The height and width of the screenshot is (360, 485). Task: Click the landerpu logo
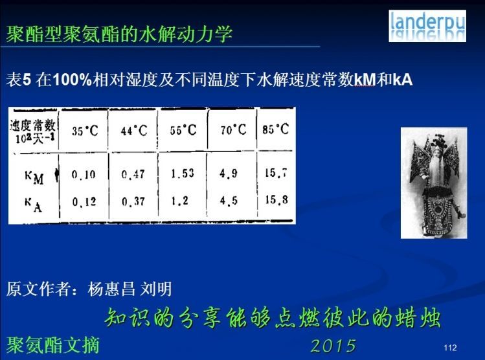pos(427,26)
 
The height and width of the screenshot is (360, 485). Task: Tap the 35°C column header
pos(85,131)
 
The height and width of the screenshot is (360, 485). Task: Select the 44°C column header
pos(134,131)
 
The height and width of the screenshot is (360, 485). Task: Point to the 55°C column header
pos(183,130)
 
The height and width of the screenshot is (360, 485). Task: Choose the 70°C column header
pos(233,129)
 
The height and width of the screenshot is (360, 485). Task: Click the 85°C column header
pos(276,129)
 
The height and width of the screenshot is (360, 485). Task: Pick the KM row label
pos(34,177)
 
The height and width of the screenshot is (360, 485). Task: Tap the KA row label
pos(34,205)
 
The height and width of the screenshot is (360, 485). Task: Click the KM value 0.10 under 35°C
pos(84,175)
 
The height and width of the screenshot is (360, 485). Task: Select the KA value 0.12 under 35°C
pos(84,202)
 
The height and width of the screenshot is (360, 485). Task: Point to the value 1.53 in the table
pos(183,173)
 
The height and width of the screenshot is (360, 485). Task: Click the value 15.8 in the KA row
pos(276,199)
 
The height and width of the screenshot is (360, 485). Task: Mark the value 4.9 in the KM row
pos(229,174)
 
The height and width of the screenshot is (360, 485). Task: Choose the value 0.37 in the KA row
pos(133,202)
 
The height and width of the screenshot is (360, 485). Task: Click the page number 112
pos(450,348)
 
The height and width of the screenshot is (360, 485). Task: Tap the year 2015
pos(333,346)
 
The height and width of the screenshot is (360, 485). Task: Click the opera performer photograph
pos(434,183)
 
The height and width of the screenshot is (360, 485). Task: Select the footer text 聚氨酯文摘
pos(53,345)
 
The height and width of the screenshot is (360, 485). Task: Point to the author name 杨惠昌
pos(111,289)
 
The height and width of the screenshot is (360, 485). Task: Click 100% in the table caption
pos(73,80)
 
